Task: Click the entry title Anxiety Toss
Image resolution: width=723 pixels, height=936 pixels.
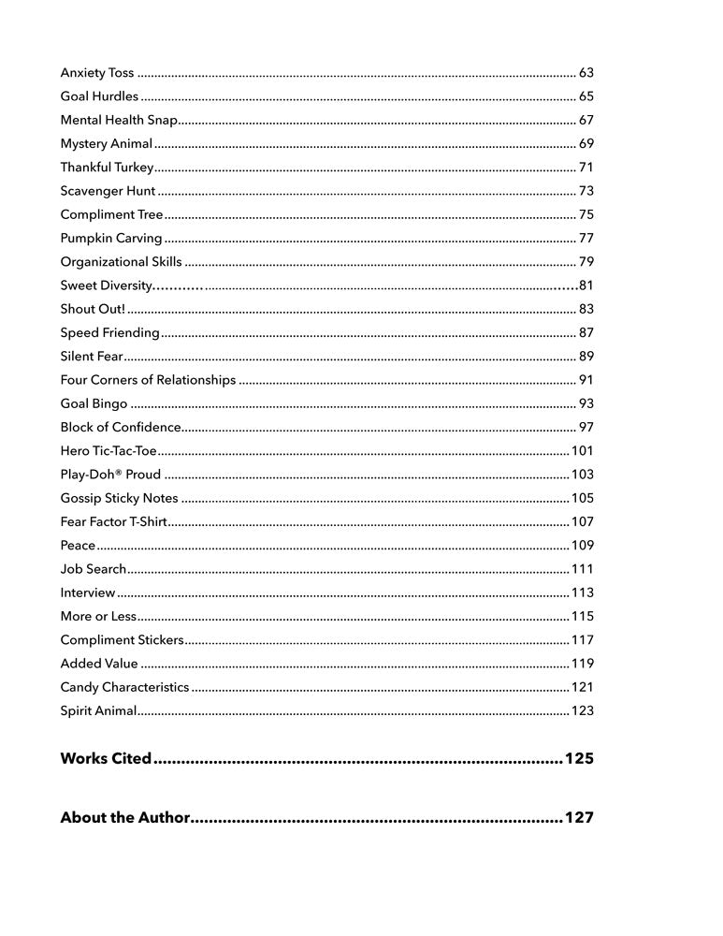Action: click(97, 72)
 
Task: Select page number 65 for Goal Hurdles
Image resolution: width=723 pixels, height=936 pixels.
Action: click(586, 96)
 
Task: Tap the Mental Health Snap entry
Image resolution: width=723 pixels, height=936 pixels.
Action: click(119, 120)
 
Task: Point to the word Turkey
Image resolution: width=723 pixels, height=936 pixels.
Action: click(134, 168)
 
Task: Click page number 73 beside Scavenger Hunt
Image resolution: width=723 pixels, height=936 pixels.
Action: click(586, 191)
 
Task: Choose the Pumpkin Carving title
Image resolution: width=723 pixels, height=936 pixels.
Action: click(111, 238)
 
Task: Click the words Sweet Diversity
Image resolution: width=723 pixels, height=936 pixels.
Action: click(106, 285)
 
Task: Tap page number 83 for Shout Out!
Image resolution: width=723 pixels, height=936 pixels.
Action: click(586, 309)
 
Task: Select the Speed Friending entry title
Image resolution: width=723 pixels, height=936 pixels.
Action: click(110, 332)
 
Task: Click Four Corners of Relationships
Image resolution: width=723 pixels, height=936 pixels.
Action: click(148, 380)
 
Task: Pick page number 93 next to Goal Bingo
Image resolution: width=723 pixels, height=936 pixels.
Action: click(586, 403)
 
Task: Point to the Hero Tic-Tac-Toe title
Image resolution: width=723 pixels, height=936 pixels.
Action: click(108, 451)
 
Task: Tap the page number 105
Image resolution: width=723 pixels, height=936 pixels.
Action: click(583, 498)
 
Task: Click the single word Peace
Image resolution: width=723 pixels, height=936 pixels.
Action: click(78, 546)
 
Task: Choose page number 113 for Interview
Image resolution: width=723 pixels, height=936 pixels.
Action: click(583, 592)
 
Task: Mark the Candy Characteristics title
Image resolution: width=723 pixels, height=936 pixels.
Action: click(124, 687)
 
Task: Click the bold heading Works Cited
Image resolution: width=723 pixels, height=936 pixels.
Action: click(106, 758)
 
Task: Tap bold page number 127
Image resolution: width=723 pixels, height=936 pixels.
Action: click(579, 818)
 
